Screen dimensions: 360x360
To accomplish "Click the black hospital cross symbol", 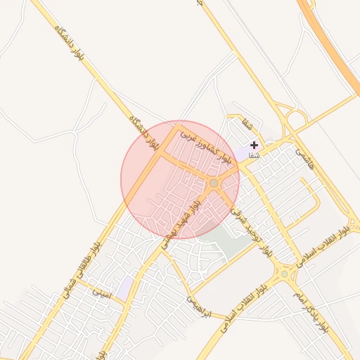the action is tap(254, 145).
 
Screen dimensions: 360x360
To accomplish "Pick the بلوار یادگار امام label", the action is tap(311, 311).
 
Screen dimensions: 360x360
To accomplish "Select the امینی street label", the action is tap(103, 291).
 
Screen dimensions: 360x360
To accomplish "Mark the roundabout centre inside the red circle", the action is tap(214, 183).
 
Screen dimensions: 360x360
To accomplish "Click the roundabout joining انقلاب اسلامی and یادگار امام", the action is tap(285, 272).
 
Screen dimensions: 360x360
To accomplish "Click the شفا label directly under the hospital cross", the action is tap(254, 155).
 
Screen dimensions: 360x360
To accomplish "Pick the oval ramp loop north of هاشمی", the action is tap(296, 117).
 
